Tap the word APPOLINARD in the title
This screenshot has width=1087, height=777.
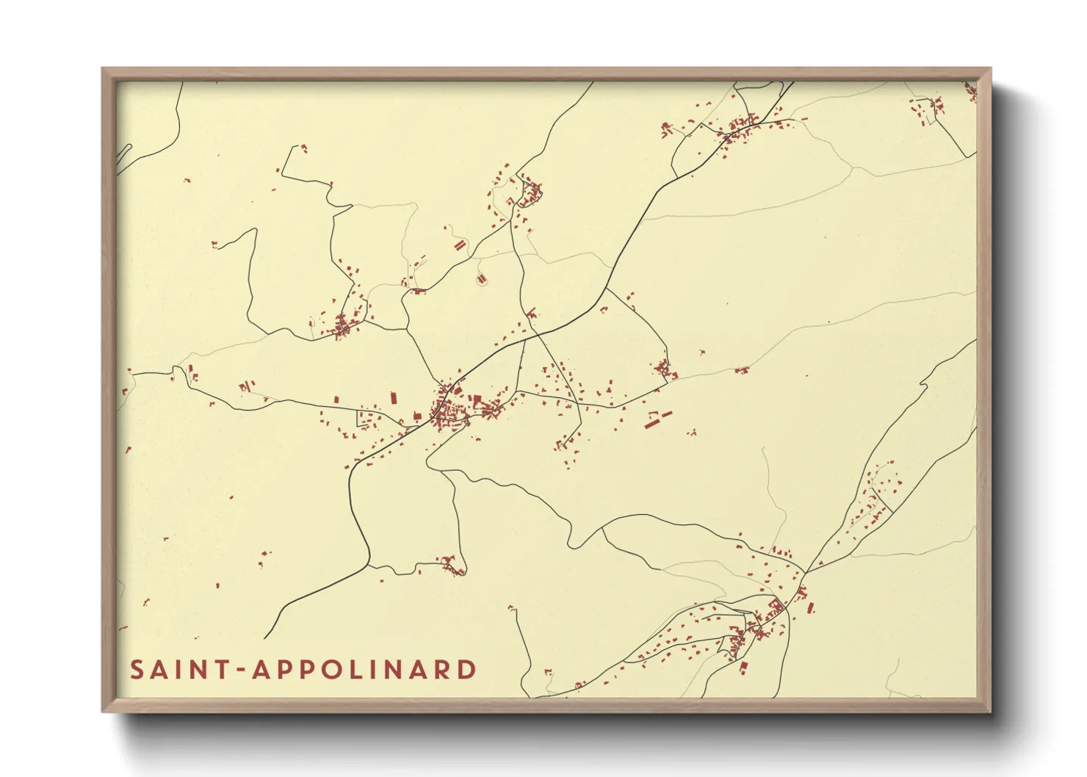364,670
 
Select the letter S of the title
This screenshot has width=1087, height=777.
137,670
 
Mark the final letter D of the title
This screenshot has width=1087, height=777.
467,670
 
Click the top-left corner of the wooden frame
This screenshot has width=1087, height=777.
103,69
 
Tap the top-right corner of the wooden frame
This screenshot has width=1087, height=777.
990,69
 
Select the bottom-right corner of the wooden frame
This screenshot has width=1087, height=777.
990,711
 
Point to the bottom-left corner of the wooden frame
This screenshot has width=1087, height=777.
103,711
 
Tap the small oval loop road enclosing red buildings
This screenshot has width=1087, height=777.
482,279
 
